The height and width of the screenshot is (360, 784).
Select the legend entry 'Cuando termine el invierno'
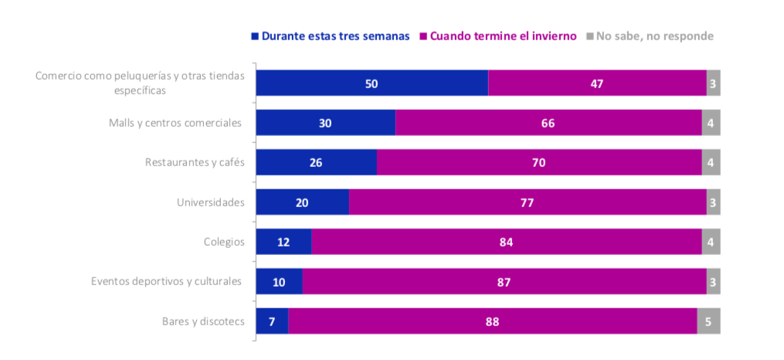(x=503, y=36)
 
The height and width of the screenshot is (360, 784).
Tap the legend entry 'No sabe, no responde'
(x=654, y=36)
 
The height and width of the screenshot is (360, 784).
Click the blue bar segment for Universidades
(x=302, y=202)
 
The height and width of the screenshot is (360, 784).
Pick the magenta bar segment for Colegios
(x=506, y=242)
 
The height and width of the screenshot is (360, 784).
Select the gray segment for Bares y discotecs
(x=708, y=321)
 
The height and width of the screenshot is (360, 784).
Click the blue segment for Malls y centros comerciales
(x=325, y=123)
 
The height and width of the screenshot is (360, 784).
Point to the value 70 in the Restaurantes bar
(x=539, y=163)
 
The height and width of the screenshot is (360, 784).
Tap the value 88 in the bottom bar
(x=492, y=321)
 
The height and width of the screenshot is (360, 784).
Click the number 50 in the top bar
(x=372, y=83)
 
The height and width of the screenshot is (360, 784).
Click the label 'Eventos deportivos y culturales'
(x=166, y=280)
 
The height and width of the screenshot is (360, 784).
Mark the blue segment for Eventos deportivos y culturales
(x=279, y=282)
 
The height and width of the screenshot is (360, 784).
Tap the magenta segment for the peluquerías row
(x=597, y=83)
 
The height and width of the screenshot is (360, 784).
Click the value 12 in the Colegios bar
(x=283, y=243)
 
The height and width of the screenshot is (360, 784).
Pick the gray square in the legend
(x=590, y=36)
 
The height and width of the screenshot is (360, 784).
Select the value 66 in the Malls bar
(x=548, y=124)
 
